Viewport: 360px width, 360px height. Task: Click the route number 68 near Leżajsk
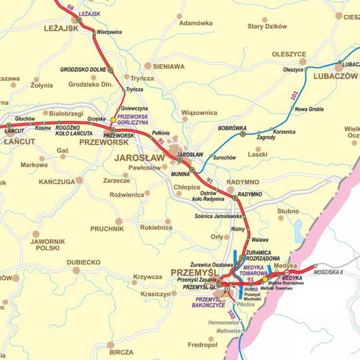pyautogui.click(x=71, y=7)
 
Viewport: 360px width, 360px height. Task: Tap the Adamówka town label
pyautogui.click(x=195, y=23)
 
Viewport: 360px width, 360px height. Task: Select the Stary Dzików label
pyautogui.click(x=267, y=26)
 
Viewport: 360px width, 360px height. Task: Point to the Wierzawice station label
pyautogui.click(x=109, y=32)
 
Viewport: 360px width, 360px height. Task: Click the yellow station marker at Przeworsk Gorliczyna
pyautogui.click(x=113, y=120)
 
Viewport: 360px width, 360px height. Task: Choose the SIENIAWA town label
pyautogui.click(x=168, y=67)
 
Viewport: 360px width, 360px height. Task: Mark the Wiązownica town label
pyautogui.click(x=199, y=113)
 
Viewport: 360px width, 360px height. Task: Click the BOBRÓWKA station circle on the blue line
pyautogui.click(x=243, y=134)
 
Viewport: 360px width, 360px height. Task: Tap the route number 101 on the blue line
pyautogui.click(x=294, y=96)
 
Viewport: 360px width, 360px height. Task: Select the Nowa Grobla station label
pyautogui.click(x=309, y=109)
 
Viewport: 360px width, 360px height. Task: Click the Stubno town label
pyautogui.click(x=288, y=211)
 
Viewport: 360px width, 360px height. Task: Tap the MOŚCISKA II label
pyautogui.click(x=328, y=272)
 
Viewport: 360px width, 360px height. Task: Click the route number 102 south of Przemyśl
pyautogui.click(x=231, y=315)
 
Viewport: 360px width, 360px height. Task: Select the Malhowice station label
pyautogui.click(x=228, y=331)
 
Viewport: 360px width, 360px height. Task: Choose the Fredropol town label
pyautogui.click(x=202, y=345)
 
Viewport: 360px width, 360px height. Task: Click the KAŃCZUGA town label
pyautogui.click(x=57, y=181)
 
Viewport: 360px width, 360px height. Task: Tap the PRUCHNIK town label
pyautogui.click(x=107, y=229)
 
